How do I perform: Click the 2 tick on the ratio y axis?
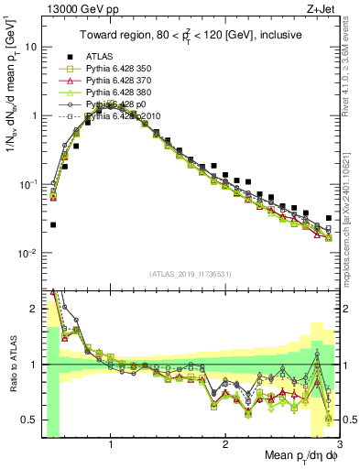36,309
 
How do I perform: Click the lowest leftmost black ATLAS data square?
53,224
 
